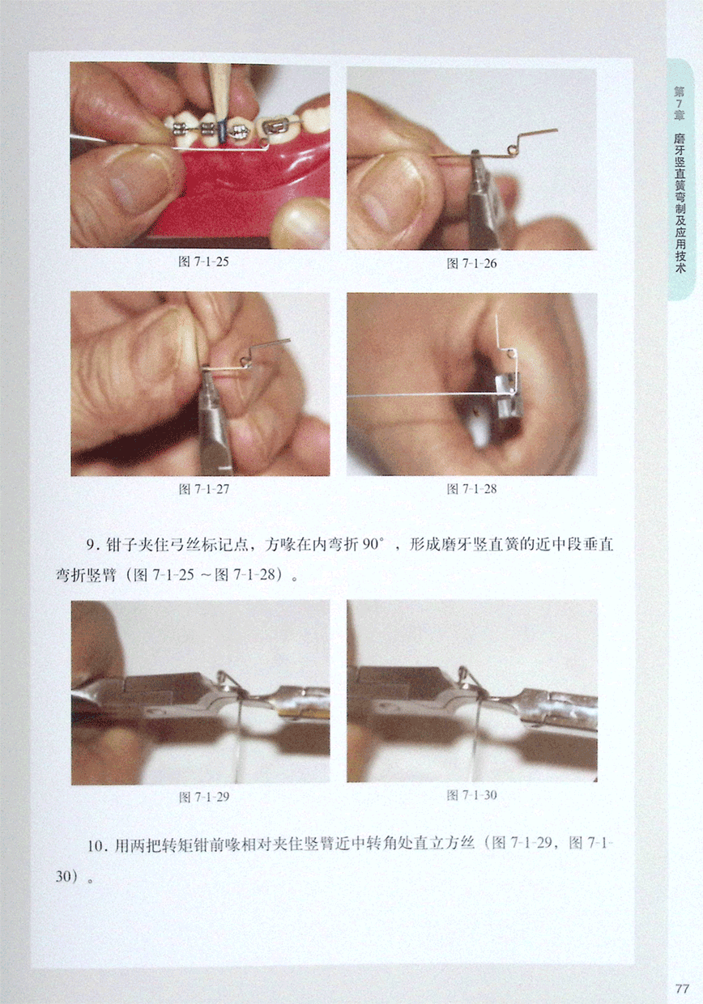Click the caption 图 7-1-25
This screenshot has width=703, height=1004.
pyautogui.click(x=203, y=262)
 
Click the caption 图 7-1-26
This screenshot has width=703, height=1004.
pyautogui.click(x=471, y=264)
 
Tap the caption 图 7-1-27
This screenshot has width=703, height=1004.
pyautogui.click(x=204, y=489)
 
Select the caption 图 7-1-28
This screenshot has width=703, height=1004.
pyautogui.click(x=471, y=488)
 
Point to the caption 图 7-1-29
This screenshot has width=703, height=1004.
pyautogui.click(x=204, y=797)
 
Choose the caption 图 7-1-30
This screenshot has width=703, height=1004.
pyautogui.click(x=471, y=795)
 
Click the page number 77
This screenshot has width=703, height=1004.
pyautogui.click(x=682, y=989)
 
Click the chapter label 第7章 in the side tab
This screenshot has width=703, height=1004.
pyautogui.click(x=680, y=104)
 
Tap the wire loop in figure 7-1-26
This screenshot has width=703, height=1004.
pyautogui.click(x=511, y=149)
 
